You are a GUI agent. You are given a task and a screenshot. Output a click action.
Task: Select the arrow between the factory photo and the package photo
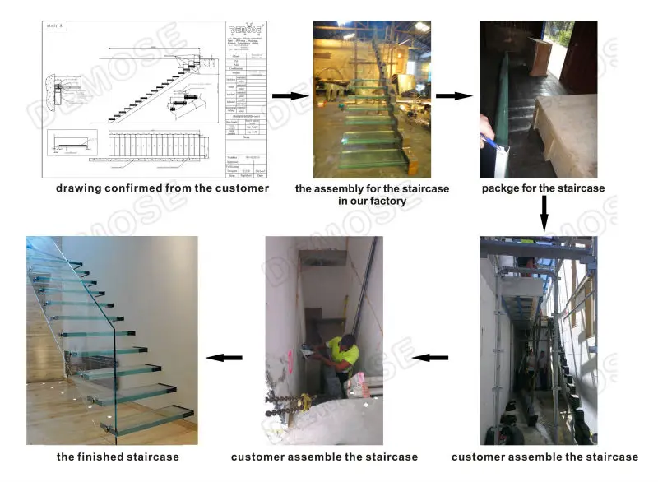tap(453, 96)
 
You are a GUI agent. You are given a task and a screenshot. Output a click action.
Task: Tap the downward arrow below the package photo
tap(543, 212)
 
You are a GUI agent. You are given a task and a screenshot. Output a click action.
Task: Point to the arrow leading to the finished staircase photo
tap(224, 357)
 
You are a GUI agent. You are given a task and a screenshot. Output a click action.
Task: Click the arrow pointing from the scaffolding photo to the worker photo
tap(429, 357)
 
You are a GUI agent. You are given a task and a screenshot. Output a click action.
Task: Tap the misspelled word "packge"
tap(503, 188)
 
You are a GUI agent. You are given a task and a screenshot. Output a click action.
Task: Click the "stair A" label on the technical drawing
tap(54, 26)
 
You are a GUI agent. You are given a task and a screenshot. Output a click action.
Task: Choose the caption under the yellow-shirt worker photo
tap(324, 457)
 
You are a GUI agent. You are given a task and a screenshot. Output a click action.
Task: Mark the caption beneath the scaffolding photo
tap(544, 457)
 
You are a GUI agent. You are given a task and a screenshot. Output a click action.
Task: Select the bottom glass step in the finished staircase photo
tap(148, 415)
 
